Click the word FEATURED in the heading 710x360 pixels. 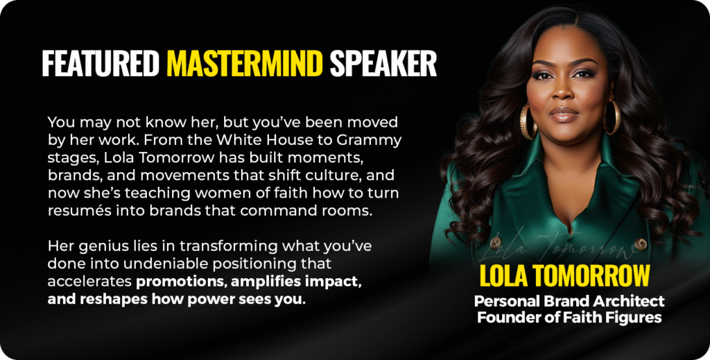tap(101, 63)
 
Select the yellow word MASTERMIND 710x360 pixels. tap(245, 63)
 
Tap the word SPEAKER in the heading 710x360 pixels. tap(383, 63)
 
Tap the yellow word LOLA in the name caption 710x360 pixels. tap(503, 275)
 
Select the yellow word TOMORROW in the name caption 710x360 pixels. tap(591, 275)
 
